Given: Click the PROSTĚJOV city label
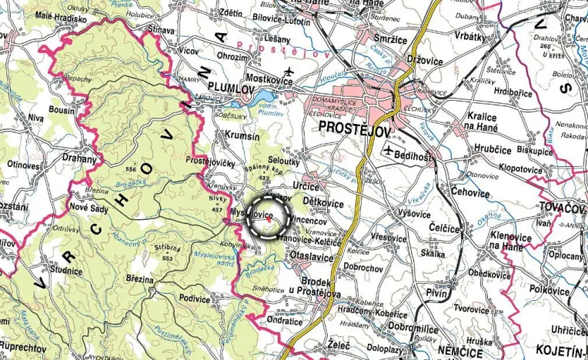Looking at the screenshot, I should (x=352, y=128).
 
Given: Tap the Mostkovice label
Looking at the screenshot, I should (x=272, y=79).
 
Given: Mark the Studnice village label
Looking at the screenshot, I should (x=66, y=271).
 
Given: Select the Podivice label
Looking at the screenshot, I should (x=194, y=298).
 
